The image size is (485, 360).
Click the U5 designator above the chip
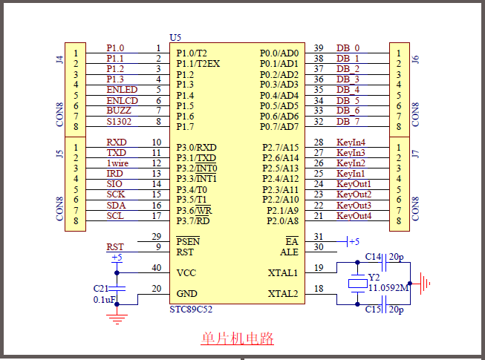(x=175, y=37)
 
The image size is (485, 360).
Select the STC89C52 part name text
(x=196, y=309)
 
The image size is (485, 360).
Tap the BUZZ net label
(x=119, y=111)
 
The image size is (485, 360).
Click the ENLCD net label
(x=122, y=100)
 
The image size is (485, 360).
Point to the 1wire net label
(x=118, y=163)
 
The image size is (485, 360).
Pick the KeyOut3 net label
(x=354, y=206)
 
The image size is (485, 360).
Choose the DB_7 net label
(x=348, y=121)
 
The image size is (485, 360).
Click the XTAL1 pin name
(x=282, y=272)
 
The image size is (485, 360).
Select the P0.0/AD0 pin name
(x=279, y=53)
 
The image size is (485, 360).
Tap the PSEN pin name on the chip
(x=188, y=241)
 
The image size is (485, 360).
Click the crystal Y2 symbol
(x=358, y=283)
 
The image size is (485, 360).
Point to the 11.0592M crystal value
(x=388, y=288)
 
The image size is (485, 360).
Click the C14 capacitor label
(x=373, y=257)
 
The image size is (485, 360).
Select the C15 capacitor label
(x=373, y=309)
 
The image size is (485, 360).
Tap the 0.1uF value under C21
(x=103, y=299)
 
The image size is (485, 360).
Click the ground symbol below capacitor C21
(x=116, y=318)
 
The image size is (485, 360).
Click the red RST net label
(x=115, y=247)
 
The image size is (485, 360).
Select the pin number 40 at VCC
(x=156, y=268)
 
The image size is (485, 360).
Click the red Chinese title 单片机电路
(x=237, y=338)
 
